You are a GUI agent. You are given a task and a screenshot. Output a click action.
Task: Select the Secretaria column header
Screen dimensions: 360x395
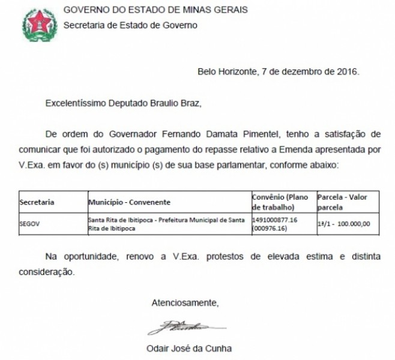point(38,202)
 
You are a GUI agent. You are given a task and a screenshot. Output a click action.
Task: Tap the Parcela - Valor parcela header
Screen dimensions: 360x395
point(345,202)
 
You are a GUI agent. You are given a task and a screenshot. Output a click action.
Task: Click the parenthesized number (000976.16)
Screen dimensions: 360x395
point(272,229)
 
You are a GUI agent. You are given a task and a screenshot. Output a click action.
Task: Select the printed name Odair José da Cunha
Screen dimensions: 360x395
point(188,349)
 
